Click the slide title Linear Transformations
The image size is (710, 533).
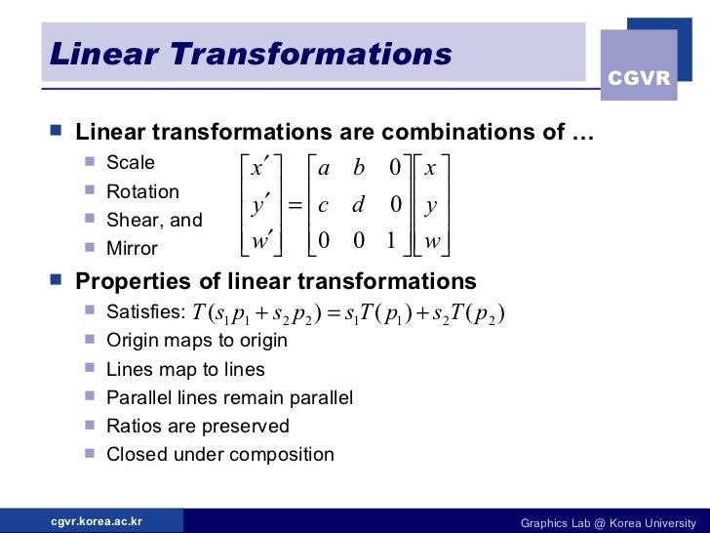click(x=251, y=54)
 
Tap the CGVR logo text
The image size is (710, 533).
click(x=639, y=78)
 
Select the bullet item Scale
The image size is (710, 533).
click(x=131, y=163)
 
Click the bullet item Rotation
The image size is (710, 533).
click(x=142, y=191)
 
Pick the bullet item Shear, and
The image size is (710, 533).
click(x=154, y=220)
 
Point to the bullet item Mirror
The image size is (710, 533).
click(x=132, y=248)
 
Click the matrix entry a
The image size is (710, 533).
click(x=324, y=168)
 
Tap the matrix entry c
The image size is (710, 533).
click(x=324, y=206)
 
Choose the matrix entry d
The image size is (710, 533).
click(x=358, y=205)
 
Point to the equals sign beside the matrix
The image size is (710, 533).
click(x=294, y=205)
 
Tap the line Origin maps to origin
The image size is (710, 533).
click(x=196, y=341)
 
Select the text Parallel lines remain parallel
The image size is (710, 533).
click(x=229, y=397)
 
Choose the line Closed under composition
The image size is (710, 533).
click(x=219, y=454)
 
